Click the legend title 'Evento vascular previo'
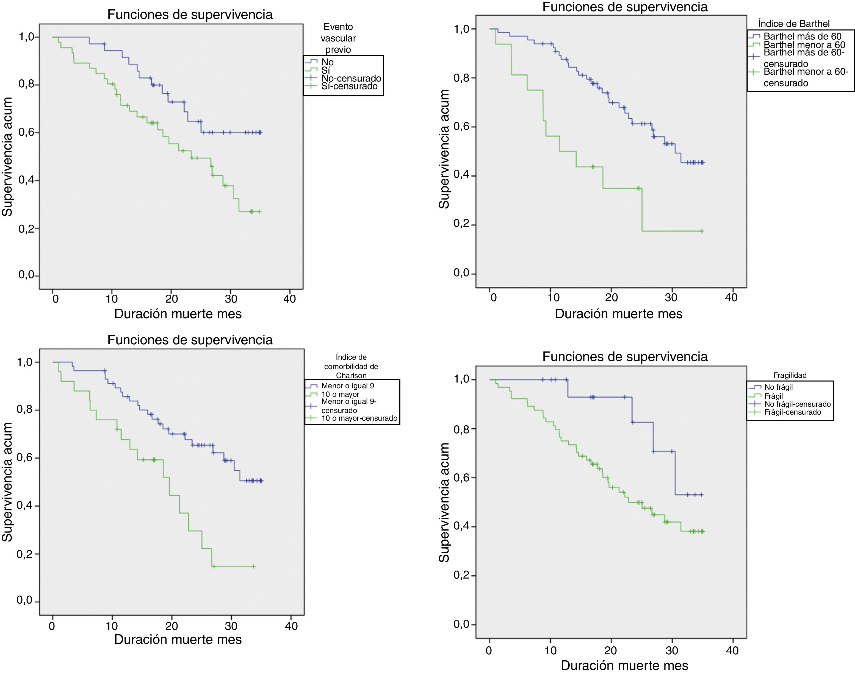pos(338,38)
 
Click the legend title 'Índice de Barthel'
pos(793,24)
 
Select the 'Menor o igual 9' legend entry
pos(347,386)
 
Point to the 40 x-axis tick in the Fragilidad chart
pos(732,650)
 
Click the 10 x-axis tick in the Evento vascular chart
pos(112,299)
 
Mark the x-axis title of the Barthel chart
pos(618,314)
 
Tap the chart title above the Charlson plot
pos(190,340)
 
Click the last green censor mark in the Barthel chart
pos(702,231)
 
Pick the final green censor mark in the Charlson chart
pos(254,567)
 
